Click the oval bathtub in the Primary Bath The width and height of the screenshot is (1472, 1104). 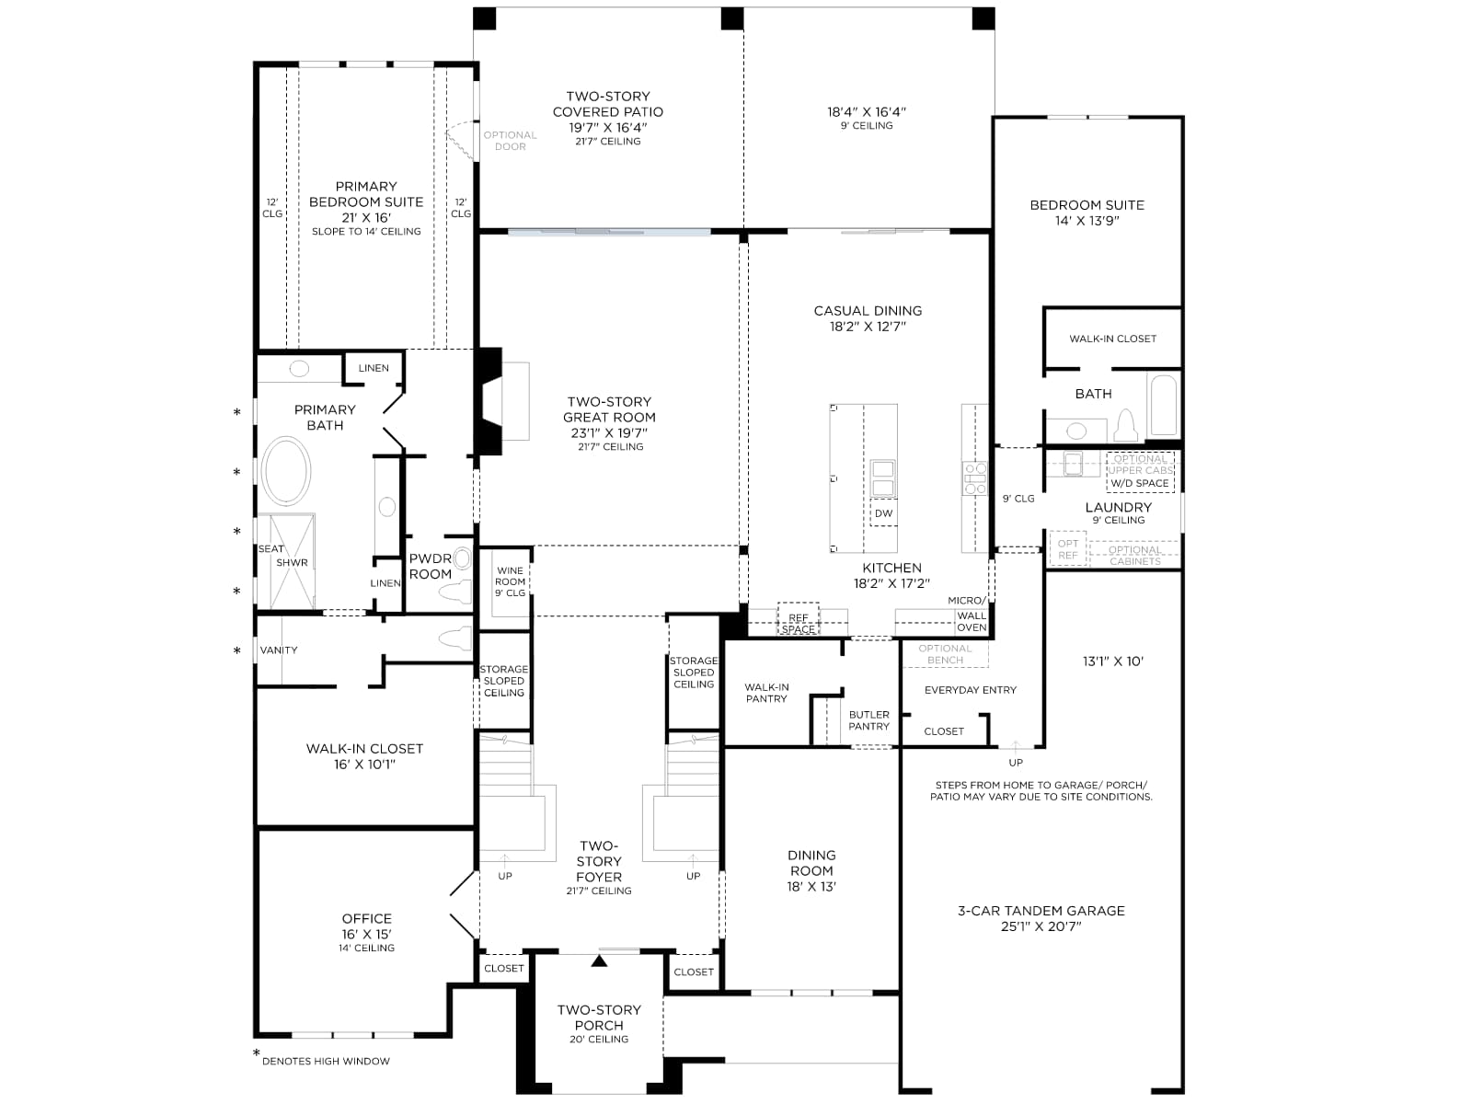286,470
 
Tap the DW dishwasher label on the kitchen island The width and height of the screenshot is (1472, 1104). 883,513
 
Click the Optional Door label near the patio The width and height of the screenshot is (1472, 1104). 510,141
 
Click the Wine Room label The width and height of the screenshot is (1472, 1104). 510,581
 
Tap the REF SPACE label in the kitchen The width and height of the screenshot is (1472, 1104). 798,624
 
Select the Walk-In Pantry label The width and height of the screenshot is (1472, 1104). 766,693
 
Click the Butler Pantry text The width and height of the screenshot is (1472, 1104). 868,720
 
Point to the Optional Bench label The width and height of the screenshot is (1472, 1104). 945,654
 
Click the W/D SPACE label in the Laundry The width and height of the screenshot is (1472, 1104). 1139,483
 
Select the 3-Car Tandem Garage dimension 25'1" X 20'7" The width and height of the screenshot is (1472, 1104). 1041,927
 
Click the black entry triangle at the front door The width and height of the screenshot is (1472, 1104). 599,961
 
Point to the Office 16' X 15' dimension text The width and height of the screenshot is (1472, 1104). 366,935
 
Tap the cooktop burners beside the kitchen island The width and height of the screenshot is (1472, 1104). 975,478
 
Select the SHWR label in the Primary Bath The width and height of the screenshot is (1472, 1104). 292,563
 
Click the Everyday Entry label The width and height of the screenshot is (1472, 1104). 970,690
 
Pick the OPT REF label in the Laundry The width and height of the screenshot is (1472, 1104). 1067,549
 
